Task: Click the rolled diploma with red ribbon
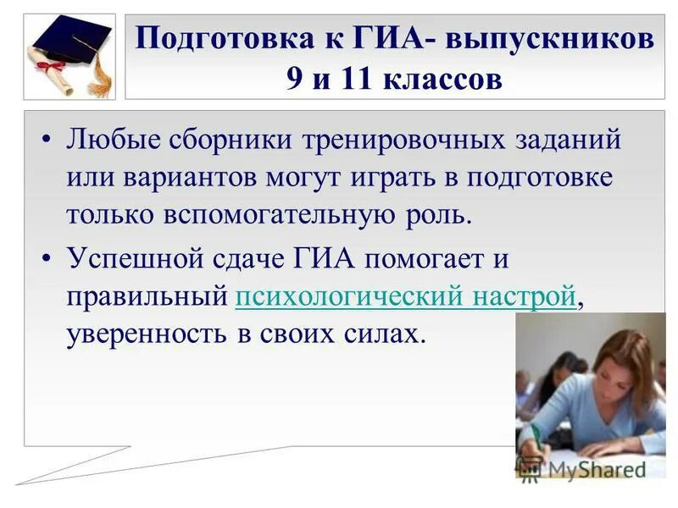[51, 71]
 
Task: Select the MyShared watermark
[585, 467]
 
